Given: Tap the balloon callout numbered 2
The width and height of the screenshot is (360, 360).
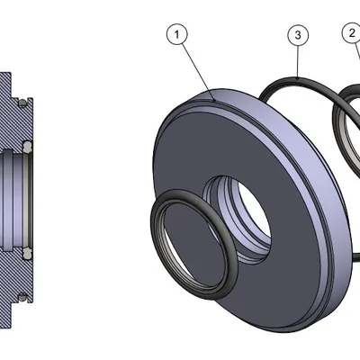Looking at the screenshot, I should point(350,33).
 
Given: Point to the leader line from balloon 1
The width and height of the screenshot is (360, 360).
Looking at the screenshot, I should point(197,68).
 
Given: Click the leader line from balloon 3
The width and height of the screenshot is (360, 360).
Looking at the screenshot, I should point(297,63).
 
